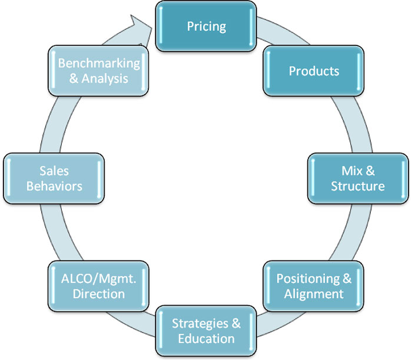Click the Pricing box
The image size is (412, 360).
[x=206, y=27]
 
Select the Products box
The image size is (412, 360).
[x=314, y=71]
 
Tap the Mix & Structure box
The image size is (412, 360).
[x=358, y=179]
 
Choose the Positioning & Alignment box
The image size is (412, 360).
[x=314, y=286]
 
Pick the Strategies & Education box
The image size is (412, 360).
[x=206, y=331]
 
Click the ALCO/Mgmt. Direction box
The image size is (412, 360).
[x=98, y=286]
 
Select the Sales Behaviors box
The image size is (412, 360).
[x=54, y=179]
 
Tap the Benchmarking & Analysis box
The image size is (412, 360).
[x=98, y=71]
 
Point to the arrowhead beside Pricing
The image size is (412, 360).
[x=142, y=29]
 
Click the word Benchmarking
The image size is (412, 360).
[x=99, y=64]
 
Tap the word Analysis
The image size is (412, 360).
[x=105, y=78]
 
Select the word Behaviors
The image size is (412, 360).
[x=54, y=186]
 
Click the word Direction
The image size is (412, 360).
[x=99, y=294]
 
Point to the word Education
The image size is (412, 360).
[x=206, y=339]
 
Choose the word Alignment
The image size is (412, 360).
[x=314, y=294]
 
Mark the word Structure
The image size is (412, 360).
[x=358, y=186]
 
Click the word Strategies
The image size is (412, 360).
[x=200, y=323]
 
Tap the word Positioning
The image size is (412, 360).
[x=308, y=279]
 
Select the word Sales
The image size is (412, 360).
[x=54, y=171]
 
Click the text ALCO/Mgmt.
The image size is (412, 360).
[x=98, y=279]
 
